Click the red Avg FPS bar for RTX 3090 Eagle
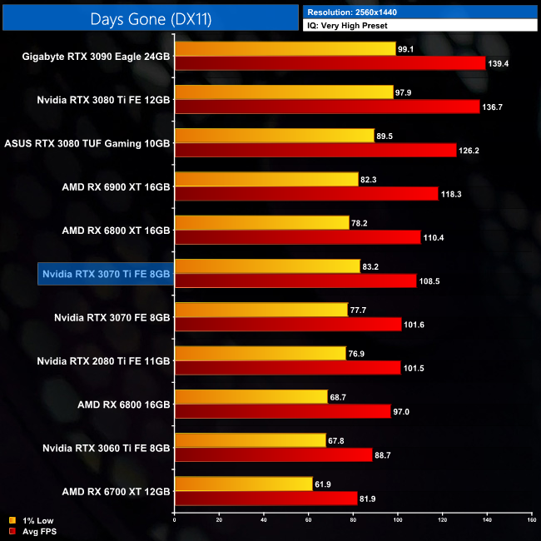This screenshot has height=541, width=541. [x=330, y=63]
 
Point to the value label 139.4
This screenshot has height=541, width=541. [x=500, y=63]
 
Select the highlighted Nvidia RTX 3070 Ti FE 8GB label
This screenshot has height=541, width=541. [x=105, y=274]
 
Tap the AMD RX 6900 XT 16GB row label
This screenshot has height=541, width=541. [x=115, y=187]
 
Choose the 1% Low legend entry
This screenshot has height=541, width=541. [x=33, y=521]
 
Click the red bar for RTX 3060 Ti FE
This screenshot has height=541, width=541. [x=273, y=454]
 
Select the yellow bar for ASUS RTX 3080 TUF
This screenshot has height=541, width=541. [x=274, y=136]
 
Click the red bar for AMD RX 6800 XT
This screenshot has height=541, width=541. [x=297, y=237]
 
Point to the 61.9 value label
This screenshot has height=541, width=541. [x=325, y=484]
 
